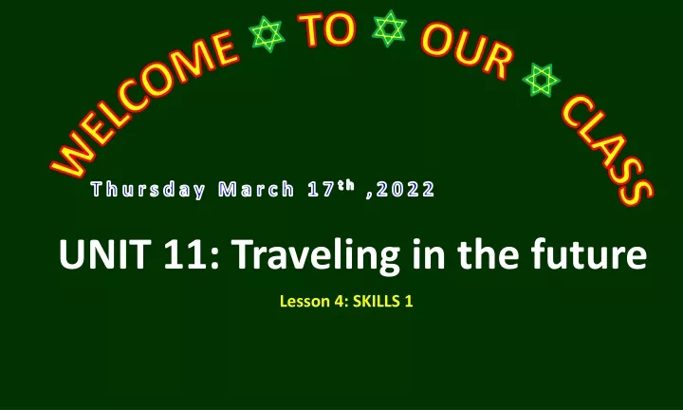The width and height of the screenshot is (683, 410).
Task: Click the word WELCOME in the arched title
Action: point(144,104)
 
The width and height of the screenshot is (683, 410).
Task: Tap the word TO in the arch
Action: point(326,29)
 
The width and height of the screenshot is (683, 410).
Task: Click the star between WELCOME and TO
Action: point(267,34)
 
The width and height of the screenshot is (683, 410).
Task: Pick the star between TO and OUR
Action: point(389,28)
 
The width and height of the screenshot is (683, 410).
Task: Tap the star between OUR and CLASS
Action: point(541,80)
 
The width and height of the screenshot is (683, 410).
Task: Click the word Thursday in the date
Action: point(148,190)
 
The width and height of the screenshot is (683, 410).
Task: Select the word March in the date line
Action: point(256,190)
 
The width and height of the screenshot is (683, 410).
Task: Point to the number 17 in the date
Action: point(321,190)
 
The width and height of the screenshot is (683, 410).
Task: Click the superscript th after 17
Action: point(346,185)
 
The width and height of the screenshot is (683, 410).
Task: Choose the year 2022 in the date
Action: point(406,190)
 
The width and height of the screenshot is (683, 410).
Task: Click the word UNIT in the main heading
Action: point(105,254)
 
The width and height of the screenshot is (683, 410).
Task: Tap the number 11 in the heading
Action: point(185,254)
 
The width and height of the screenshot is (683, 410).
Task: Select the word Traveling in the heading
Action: point(315,257)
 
